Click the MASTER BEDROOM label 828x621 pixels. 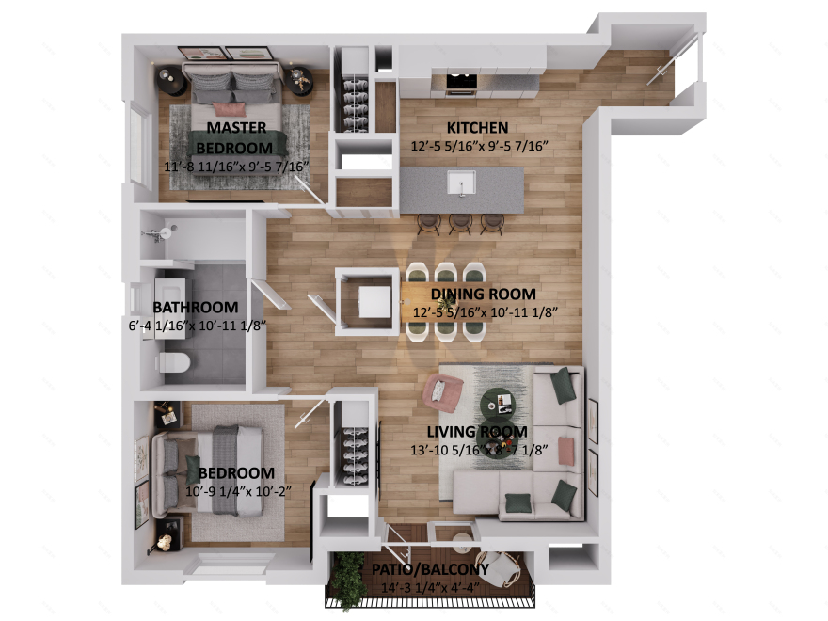click(235, 137)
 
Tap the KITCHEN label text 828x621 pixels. click(477, 128)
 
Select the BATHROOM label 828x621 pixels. click(195, 308)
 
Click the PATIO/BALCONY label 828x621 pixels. click(430, 569)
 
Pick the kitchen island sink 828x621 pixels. click(461, 182)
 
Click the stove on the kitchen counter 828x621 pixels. click(460, 84)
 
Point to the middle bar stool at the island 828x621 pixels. click(460, 222)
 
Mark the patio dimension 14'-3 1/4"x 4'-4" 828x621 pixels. click(431, 587)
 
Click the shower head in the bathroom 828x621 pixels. click(167, 231)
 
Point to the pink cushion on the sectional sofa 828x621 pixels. click(565, 450)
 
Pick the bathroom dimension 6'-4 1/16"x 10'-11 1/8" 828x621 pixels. click(196, 326)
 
